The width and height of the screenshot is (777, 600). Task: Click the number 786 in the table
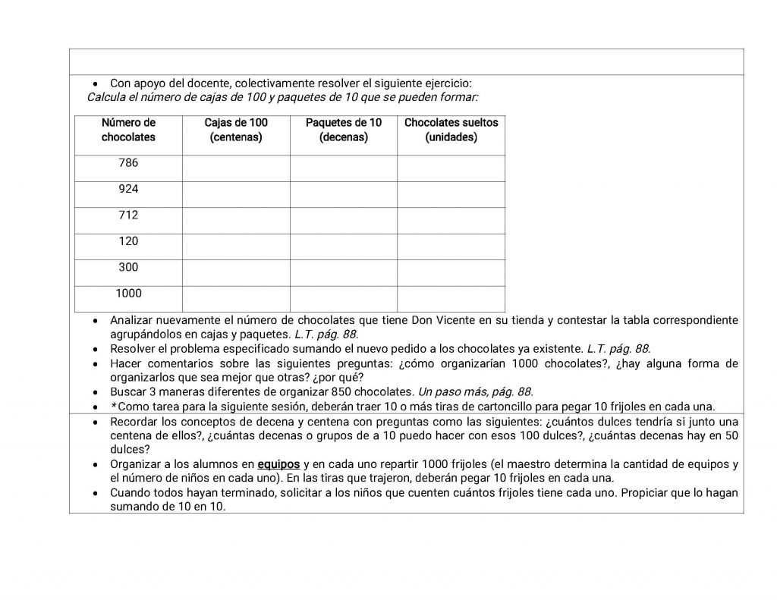click(128, 163)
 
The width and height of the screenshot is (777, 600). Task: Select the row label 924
click(128, 189)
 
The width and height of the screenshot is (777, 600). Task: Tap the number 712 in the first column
click(128, 215)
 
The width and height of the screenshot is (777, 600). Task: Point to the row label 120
click(128, 241)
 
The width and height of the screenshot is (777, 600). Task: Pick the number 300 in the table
click(128, 267)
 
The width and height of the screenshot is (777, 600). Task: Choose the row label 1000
click(128, 293)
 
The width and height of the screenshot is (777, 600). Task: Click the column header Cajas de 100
click(236, 130)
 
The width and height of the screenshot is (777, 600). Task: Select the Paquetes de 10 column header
click(343, 130)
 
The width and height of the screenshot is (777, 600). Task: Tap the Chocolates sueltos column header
click(451, 130)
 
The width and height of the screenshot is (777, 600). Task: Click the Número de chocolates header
click(128, 130)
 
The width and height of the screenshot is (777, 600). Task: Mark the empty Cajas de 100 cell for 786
click(236, 168)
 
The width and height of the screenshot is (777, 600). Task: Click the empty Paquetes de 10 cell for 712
click(343, 220)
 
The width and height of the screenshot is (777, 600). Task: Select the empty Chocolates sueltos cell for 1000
click(451, 298)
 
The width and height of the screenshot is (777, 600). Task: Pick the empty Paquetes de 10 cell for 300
click(343, 272)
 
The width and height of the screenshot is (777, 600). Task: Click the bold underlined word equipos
click(278, 463)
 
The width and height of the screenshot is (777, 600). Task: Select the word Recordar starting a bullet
click(134, 421)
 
